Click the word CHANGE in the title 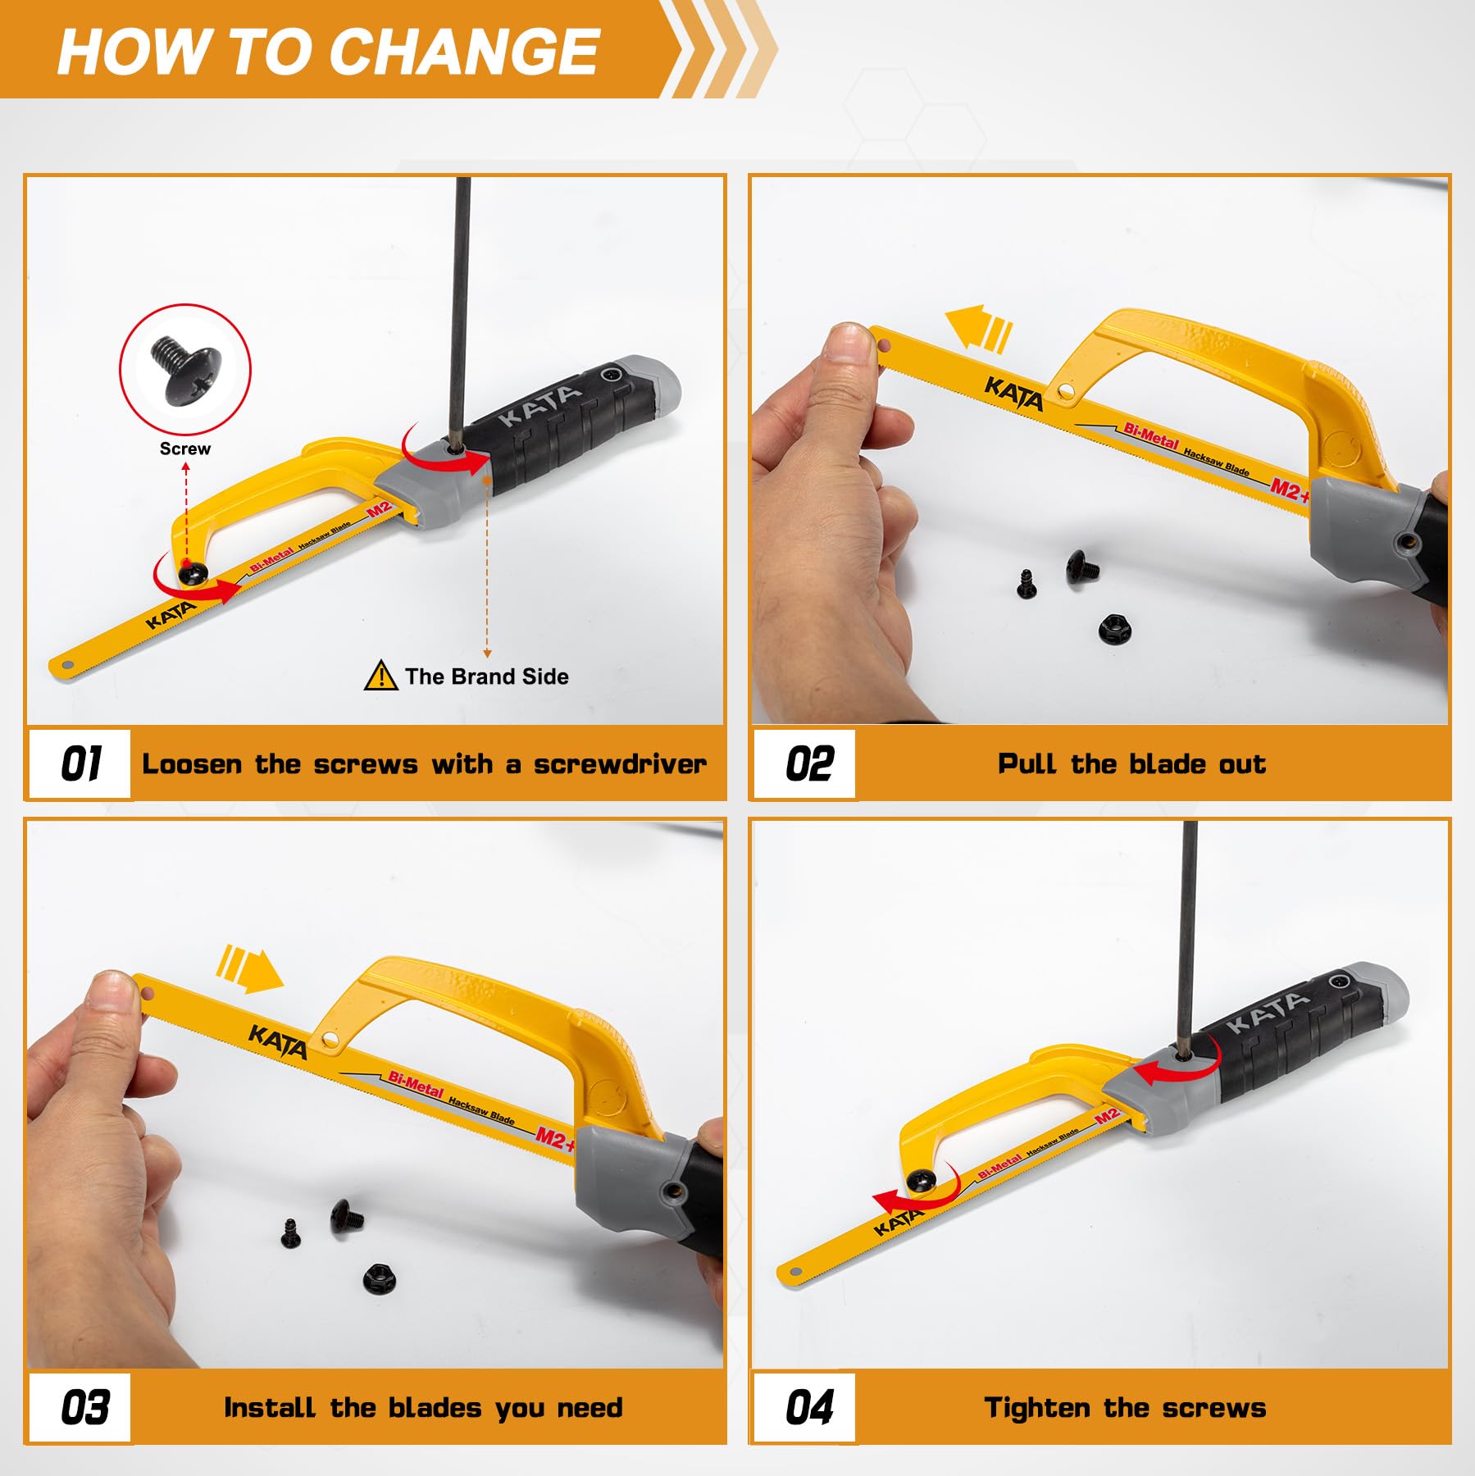[x=465, y=52]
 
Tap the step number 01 [x=81, y=764]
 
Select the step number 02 [x=809, y=764]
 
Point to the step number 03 [x=85, y=1408]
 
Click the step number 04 [x=809, y=1408]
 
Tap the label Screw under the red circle [x=185, y=449]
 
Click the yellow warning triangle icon [x=380, y=676]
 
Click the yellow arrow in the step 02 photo [x=978, y=328]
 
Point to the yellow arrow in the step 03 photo [x=249, y=970]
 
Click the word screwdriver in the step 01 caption [x=620, y=764]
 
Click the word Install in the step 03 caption [x=270, y=1408]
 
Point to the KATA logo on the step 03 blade [x=279, y=1041]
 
